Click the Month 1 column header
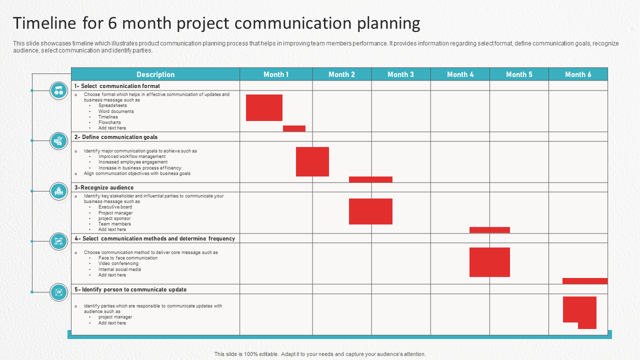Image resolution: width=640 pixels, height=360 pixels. [x=276, y=74]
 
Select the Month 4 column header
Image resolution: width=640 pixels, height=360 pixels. [x=460, y=74]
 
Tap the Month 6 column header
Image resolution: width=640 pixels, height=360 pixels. [x=578, y=74]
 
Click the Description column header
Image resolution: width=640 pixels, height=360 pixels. [x=155, y=74]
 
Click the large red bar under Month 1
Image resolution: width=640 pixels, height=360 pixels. [x=264, y=107]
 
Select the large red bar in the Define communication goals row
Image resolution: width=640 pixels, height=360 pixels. [x=312, y=161]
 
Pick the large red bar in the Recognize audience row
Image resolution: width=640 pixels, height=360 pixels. [x=370, y=211]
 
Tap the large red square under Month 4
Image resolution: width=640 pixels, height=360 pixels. [x=489, y=262]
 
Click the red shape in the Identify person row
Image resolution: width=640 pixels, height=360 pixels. [x=579, y=309]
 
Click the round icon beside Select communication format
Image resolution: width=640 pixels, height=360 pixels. [x=58, y=90]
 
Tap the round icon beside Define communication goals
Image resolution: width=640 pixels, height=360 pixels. [x=58, y=141]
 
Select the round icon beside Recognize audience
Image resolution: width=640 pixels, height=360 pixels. [x=58, y=191]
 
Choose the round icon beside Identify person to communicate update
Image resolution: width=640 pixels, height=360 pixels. [x=58, y=292]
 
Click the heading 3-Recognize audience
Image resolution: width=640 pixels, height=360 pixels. [x=104, y=188]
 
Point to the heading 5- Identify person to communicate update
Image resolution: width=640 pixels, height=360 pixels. [x=130, y=289]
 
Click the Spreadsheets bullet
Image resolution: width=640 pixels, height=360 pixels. [x=112, y=105]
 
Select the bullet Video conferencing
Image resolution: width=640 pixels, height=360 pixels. [x=118, y=263]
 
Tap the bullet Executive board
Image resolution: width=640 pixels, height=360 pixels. [x=115, y=207]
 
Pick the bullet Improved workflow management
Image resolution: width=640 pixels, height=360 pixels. [x=132, y=156]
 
